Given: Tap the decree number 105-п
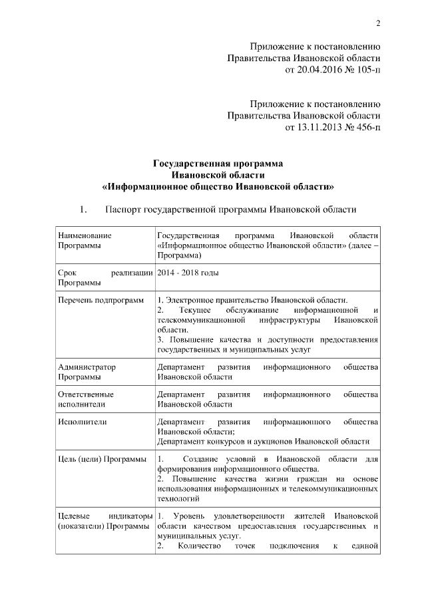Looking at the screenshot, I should click(366, 69).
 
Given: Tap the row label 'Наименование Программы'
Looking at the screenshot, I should click(85, 241).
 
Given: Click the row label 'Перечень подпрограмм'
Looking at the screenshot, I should click(101, 301).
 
